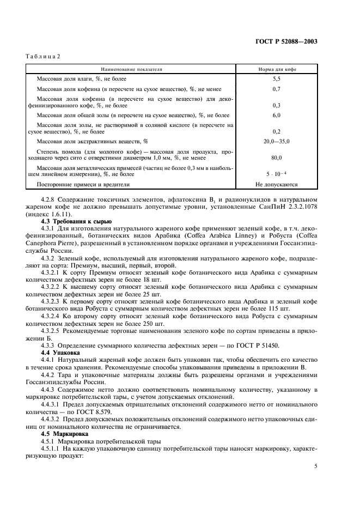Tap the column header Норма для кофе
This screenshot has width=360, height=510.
tap(276, 70)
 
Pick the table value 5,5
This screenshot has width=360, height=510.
tap(276, 79)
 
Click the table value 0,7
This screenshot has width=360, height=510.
tap(276, 88)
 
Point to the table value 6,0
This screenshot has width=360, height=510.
tap(276, 116)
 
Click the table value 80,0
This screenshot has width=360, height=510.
tap(276, 158)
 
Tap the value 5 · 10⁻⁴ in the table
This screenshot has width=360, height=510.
tap(276, 174)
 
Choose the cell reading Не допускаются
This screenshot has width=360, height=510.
tap(276, 184)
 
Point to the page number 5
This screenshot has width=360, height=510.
tap(316, 466)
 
